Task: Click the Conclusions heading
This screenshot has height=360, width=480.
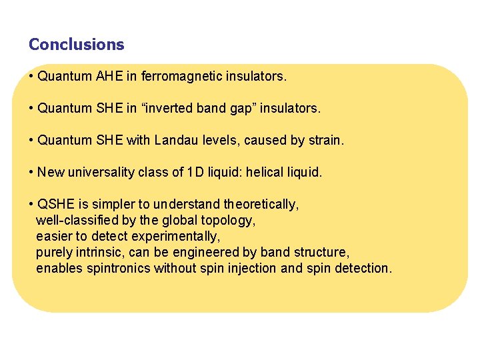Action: pos(76,45)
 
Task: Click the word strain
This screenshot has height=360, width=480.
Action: pos(325,140)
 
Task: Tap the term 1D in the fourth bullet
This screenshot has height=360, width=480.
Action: pos(194,172)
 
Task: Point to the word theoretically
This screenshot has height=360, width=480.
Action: pos(261,204)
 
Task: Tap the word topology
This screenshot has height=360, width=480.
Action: pos(230,220)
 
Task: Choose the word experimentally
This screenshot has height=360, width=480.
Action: pos(176,236)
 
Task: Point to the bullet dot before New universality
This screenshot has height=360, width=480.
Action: pos(32,172)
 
